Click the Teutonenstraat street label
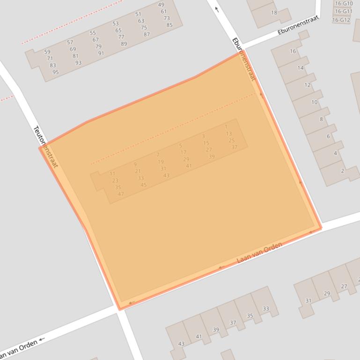(45, 147)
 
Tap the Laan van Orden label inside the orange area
(259, 252)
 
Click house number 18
(274, 13)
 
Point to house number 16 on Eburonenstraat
(293, 51)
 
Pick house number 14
(301, 68)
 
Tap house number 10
(314, 102)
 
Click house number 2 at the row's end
(342, 171)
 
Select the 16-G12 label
(341, 20)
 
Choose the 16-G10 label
(344, 3)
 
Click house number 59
(47, 52)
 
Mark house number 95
(56, 72)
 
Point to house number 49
(161, 5)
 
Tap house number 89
(124, 43)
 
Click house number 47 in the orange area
(121, 194)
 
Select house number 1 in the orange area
(226, 127)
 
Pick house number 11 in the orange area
(112, 174)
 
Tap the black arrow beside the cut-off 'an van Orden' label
(42, 339)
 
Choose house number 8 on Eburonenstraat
(321, 119)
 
